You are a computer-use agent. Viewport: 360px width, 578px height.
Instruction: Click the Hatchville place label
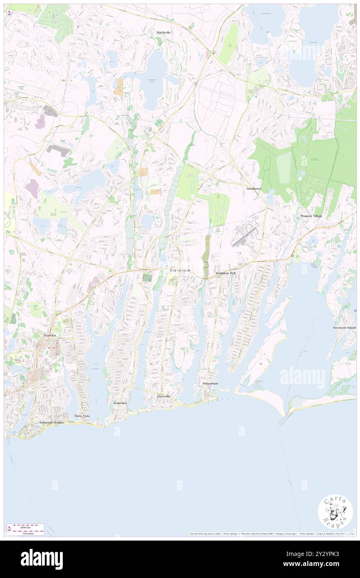(164, 32)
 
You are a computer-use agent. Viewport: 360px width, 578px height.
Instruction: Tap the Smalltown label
(254, 188)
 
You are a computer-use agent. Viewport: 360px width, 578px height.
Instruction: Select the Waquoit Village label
(311, 216)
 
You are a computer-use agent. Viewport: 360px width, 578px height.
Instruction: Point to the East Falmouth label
(180, 271)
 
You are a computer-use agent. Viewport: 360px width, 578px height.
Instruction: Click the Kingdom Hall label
(226, 273)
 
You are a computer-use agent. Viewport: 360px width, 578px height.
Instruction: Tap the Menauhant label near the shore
(210, 383)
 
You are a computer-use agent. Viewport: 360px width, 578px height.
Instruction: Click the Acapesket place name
(120, 403)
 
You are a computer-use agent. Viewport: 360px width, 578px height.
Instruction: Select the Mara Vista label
(82, 416)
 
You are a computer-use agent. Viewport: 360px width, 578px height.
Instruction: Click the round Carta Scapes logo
(335, 512)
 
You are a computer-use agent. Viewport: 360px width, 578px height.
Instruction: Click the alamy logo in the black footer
(42, 559)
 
